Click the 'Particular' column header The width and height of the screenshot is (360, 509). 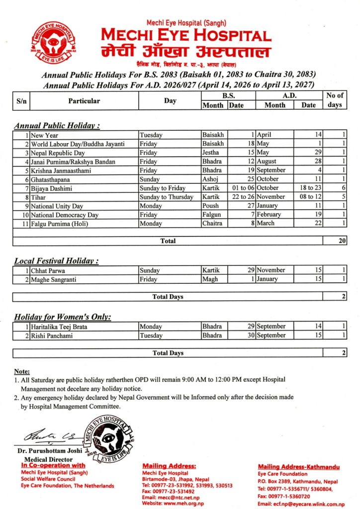84,101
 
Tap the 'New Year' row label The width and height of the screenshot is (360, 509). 44,135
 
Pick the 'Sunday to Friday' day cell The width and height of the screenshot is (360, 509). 163,188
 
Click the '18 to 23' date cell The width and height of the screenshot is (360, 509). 308,188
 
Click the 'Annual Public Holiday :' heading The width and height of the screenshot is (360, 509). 57,126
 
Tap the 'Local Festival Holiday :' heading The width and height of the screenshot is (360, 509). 56,260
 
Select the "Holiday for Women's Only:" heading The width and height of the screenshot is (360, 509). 63,317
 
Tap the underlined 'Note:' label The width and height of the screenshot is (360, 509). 22,371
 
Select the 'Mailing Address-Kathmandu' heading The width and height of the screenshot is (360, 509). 298,467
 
